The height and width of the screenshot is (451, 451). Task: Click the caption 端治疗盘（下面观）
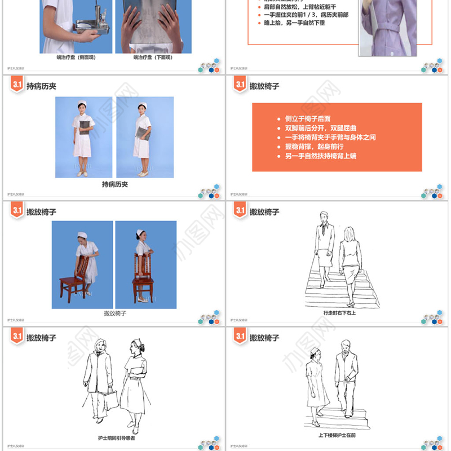click(153, 58)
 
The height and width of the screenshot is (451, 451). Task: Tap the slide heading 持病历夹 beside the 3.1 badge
click(42, 86)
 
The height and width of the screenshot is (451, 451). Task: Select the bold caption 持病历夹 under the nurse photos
click(114, 184)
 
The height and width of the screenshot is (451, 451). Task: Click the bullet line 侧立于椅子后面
click(308, 119)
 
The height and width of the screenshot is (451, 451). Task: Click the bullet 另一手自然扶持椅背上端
click(321, 156)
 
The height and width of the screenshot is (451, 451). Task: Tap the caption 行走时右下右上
click(339, 312)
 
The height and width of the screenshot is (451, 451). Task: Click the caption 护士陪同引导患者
click(116, 437)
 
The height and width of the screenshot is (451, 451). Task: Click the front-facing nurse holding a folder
click(83, 138)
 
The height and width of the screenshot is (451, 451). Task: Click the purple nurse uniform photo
click(388, 28)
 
